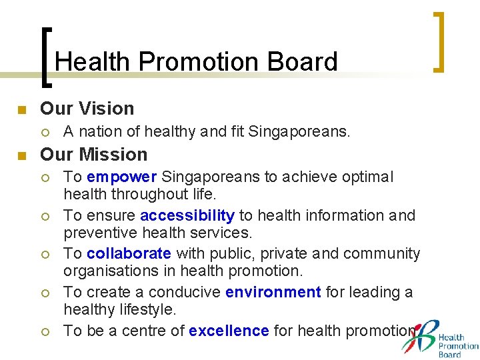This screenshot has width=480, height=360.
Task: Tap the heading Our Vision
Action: coord(87,108)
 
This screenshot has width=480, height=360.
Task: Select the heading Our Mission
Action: coord(93,154)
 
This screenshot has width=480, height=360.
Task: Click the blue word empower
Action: coord(121,177)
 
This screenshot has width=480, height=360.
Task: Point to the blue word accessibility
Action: coord(187,215)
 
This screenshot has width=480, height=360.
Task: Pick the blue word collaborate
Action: coord(129,253)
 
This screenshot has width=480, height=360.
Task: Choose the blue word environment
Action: coord(273,292)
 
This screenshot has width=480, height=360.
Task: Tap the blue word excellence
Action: coord(229,331)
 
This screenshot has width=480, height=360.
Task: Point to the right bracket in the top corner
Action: coord(438,41)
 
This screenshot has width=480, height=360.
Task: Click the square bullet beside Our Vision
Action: coord(21,109)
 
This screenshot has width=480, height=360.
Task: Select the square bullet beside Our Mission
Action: coord(21,156)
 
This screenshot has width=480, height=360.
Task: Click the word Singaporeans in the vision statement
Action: coord(299,132)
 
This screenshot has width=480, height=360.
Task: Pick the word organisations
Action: coord(110,271)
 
